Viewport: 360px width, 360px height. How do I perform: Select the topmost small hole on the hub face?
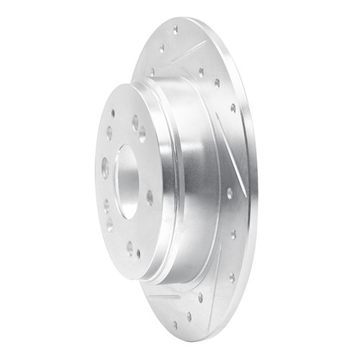(113, 113)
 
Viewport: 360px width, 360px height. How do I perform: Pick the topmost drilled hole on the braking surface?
(175, 30)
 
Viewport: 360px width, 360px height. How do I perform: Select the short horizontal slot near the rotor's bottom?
(164, 296)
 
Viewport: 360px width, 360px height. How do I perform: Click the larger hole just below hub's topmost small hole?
(109, 132)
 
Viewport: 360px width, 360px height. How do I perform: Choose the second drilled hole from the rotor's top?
(162, 49)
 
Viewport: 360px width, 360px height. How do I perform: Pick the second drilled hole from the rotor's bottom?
(189, 315)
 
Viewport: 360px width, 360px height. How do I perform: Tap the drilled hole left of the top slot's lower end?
(153, 71)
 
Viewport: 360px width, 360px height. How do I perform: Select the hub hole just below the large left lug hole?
(107, 205)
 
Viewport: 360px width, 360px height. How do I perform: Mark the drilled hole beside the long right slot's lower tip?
(229, 193)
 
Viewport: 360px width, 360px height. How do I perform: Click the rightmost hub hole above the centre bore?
(143, 133)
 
